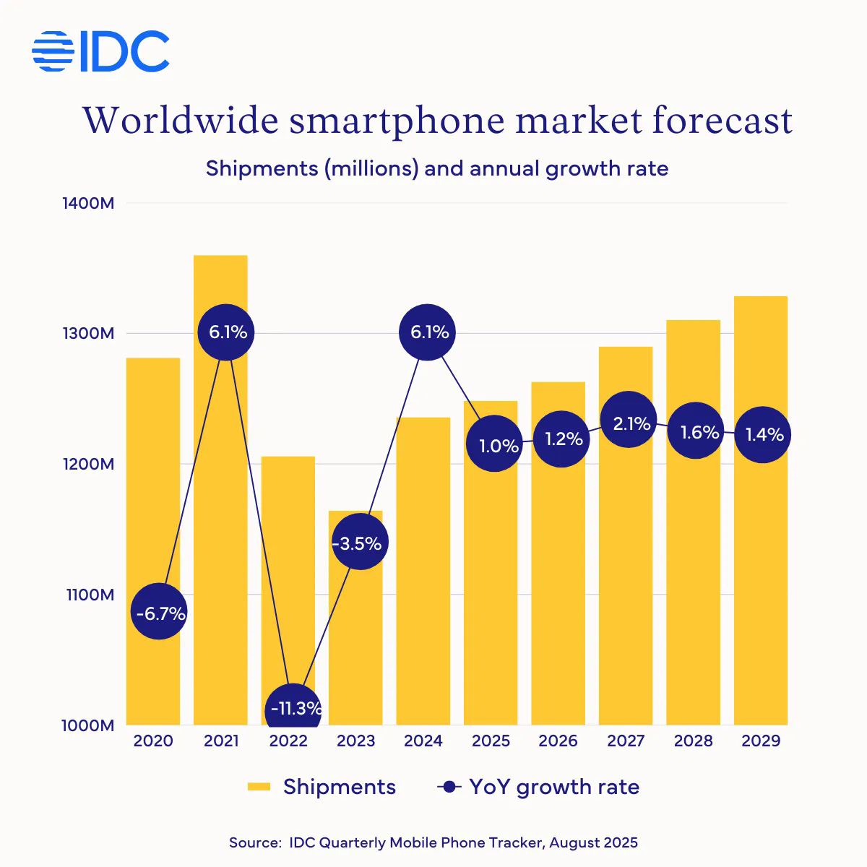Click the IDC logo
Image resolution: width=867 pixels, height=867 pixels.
tap(101, 51)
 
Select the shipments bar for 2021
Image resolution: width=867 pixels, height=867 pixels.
tap(220, 506)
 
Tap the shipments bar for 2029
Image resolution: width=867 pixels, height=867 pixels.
tap(761, 578)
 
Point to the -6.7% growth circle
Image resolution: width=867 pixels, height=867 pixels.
tap(159, 613)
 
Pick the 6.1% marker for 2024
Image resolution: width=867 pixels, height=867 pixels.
tap(428, 332)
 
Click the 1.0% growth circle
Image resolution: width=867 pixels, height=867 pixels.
tap(495, 445)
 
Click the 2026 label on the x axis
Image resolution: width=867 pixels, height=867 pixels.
tap(558, 741)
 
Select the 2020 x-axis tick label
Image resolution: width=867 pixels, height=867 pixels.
tap(153, 741)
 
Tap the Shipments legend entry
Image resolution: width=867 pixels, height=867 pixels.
tap(322, 787)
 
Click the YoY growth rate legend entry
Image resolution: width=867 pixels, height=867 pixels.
tap(538, 787)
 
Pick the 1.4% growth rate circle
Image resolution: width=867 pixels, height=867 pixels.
tap(763, 435)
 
